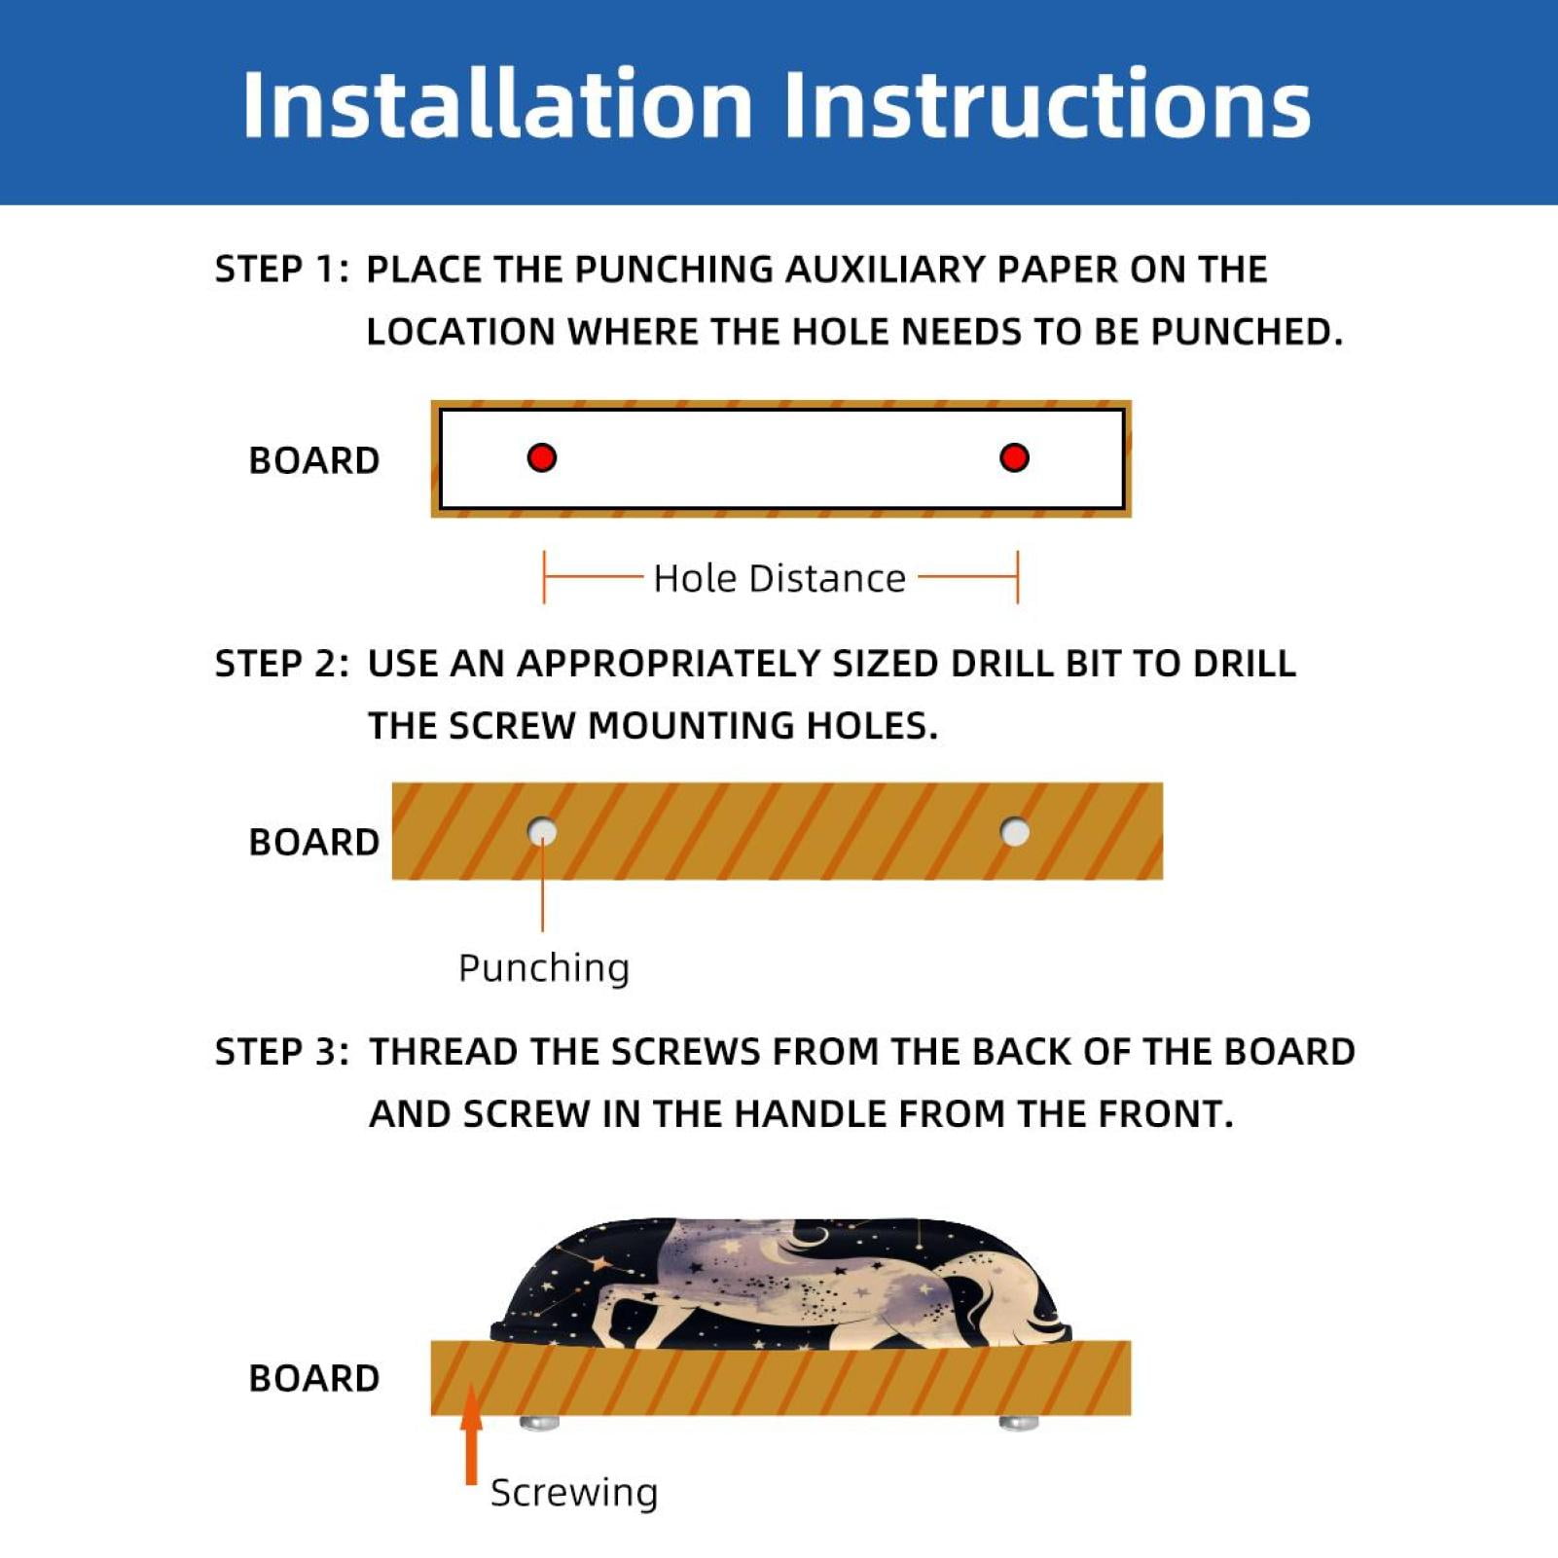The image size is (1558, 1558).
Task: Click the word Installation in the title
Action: tap(497, 104)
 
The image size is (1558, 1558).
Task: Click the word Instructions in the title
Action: tap(1047, 104)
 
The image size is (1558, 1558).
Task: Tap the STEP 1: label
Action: tap(281, 270)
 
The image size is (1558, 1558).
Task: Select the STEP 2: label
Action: tap(281, 664)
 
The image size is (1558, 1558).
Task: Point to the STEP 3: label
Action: tap(281, 1052)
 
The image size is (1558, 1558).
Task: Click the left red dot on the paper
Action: tap(542, 457)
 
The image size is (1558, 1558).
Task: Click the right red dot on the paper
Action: tap(1014, 457)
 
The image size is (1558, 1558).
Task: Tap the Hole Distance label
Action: tap(779, 578)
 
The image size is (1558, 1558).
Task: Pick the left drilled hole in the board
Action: tap(542, 832)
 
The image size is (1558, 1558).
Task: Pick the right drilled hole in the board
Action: tap(1015, 832)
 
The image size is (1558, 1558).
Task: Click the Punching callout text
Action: tap(544, 969)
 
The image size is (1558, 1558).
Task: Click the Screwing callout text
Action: tap(574, 1493)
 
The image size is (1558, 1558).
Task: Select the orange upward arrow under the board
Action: tap(471, 1434)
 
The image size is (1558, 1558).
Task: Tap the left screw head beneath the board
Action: tap(540, 1424)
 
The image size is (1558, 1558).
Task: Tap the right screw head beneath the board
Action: tap(1019, 1424)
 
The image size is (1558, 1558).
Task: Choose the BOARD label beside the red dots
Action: tap(313, 460)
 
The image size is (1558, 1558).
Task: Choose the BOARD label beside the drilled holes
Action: tap(313, 842)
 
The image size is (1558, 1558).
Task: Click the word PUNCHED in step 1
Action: tap(1247, 333)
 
